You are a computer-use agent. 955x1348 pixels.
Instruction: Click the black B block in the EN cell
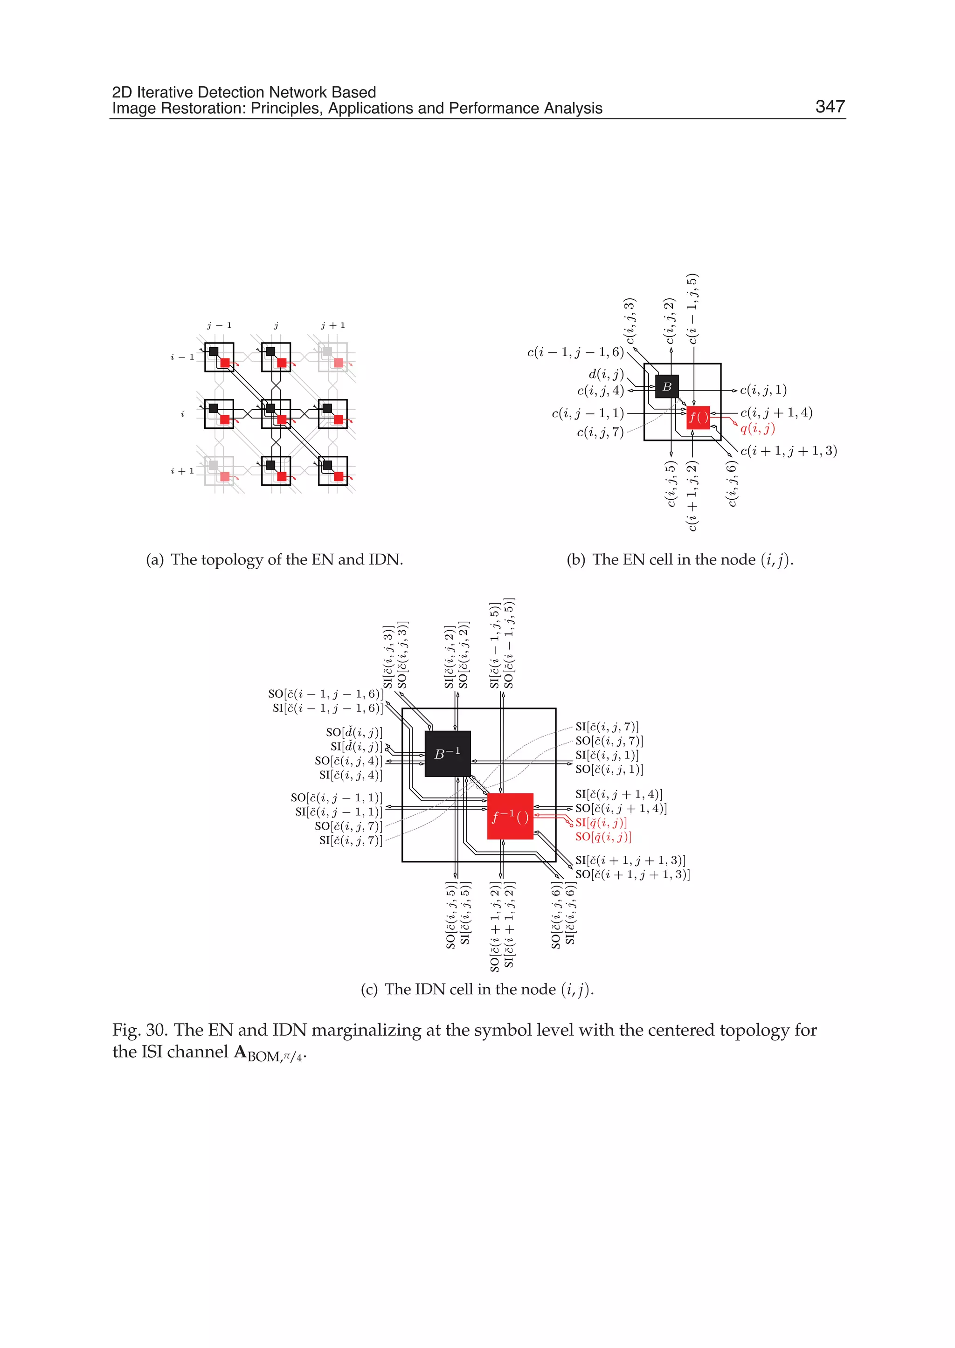pos(667,386)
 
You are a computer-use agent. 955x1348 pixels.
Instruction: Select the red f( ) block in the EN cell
pos(698,417)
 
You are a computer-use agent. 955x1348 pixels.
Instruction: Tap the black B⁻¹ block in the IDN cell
pos(448,754)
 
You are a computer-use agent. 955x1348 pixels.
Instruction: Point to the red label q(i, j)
pos(757,428)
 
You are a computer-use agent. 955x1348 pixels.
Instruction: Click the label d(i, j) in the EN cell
pos(606,374)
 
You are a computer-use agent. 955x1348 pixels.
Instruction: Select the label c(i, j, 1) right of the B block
pos(763,390)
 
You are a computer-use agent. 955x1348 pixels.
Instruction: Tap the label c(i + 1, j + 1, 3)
pos(789,451)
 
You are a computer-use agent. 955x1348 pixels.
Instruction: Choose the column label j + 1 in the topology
pos(333,325)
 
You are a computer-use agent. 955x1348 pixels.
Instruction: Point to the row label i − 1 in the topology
pos(182,357)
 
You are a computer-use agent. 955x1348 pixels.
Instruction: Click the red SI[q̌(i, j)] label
pos(601,822)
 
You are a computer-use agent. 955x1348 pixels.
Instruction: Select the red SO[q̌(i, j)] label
pos(603,837)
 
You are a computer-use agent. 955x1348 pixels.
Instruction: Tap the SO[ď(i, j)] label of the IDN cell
pos(354,732)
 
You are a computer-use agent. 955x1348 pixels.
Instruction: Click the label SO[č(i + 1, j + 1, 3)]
pos(633,874)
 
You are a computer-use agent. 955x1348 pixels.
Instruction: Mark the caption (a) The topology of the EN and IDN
pos(275,560)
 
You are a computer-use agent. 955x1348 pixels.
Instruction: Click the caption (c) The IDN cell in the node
pos(477,990)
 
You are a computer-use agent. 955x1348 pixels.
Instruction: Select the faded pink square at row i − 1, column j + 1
pos(339,363)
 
